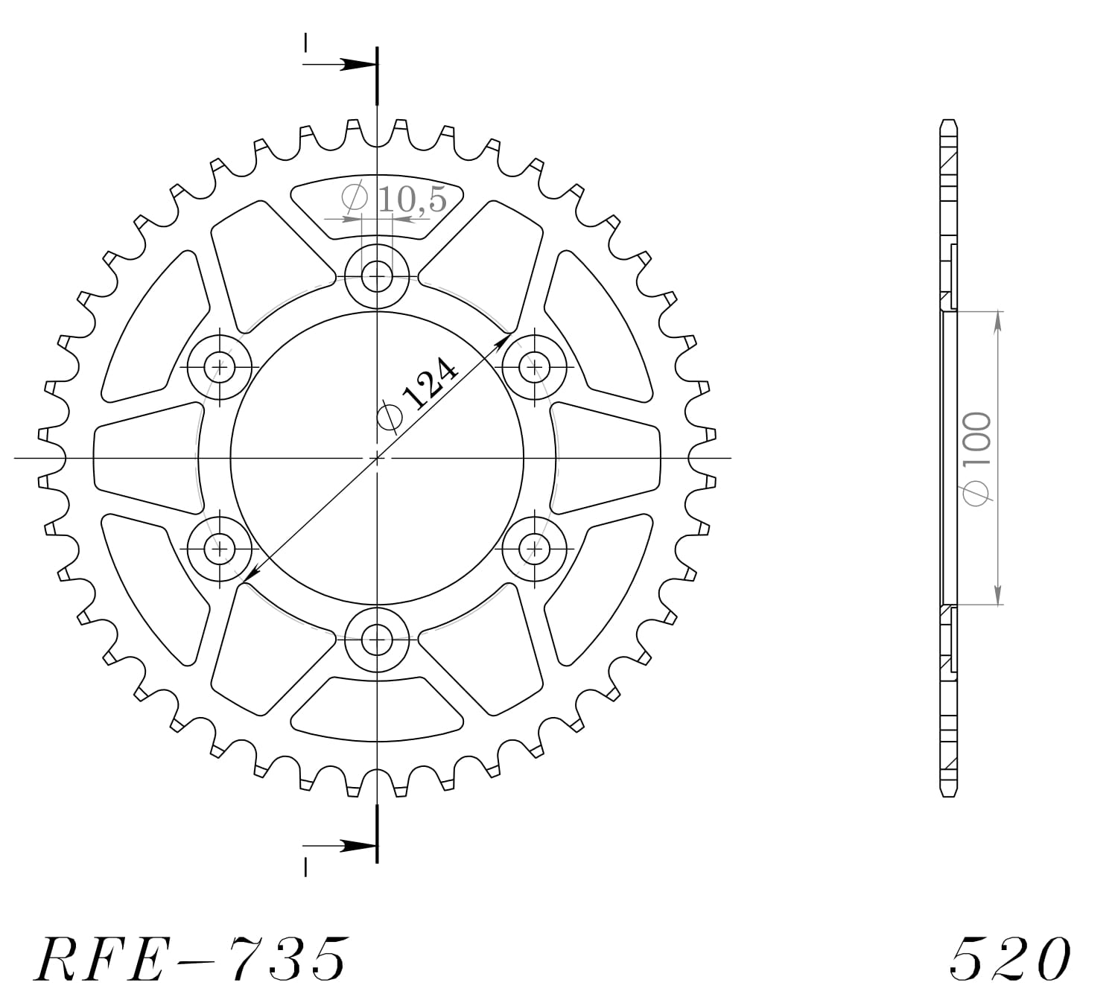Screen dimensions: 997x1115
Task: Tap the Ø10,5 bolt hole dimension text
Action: [395, 199]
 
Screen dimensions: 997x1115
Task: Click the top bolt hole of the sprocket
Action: [378, 277]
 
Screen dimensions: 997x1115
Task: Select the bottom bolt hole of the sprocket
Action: [378, 639]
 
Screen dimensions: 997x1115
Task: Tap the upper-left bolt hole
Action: [220, 366]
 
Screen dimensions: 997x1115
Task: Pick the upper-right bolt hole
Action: [535, 366]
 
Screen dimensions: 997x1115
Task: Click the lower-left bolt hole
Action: [220, 550]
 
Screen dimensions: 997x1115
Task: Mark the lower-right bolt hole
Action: [535, 550]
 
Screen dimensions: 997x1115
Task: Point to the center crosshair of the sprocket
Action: [378, 458]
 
